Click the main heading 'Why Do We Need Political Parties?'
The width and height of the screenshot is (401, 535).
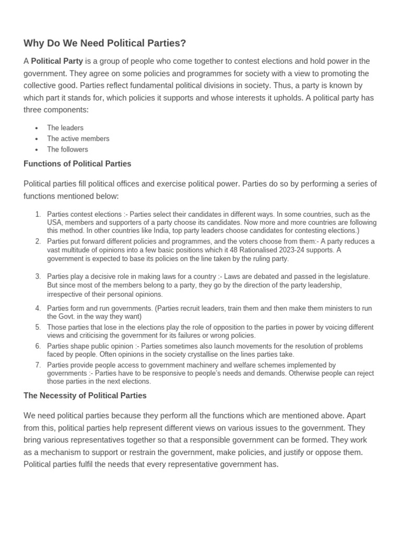click(104, 43)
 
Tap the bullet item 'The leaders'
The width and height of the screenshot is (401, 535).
click(65, 127)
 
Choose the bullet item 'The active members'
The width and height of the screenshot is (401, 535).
click(78, 138)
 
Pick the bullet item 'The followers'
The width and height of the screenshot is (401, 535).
click(67, 149)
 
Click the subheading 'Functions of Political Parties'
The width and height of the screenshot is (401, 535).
click(77, 164)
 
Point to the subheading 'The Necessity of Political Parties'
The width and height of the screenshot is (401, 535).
click(85, 396)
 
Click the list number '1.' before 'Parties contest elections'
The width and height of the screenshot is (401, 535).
click(38, 214)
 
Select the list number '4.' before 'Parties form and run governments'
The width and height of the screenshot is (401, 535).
click(38, 308)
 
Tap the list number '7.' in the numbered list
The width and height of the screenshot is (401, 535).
click(38, 365)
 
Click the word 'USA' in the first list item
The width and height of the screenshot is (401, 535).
click(54, 222)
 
